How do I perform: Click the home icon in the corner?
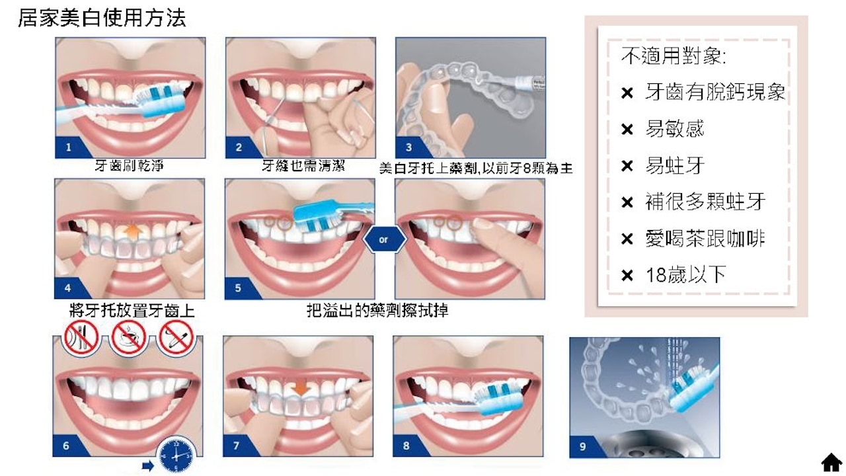pos(831,462)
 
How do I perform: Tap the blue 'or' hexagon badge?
pos(383,239)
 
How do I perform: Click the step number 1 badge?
pos(68,147)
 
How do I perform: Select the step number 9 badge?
pos(582,446)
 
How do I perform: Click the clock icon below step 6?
pos(176,455)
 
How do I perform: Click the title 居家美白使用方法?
pos(101,18)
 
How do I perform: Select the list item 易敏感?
pos(674,128)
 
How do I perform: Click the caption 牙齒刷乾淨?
pos(129,166)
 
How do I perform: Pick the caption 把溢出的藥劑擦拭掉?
pos(377,309)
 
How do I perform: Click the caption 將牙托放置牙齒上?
pos(132,311)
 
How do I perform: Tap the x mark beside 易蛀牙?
pos(627,166)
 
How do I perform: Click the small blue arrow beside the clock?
pos(147,466)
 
